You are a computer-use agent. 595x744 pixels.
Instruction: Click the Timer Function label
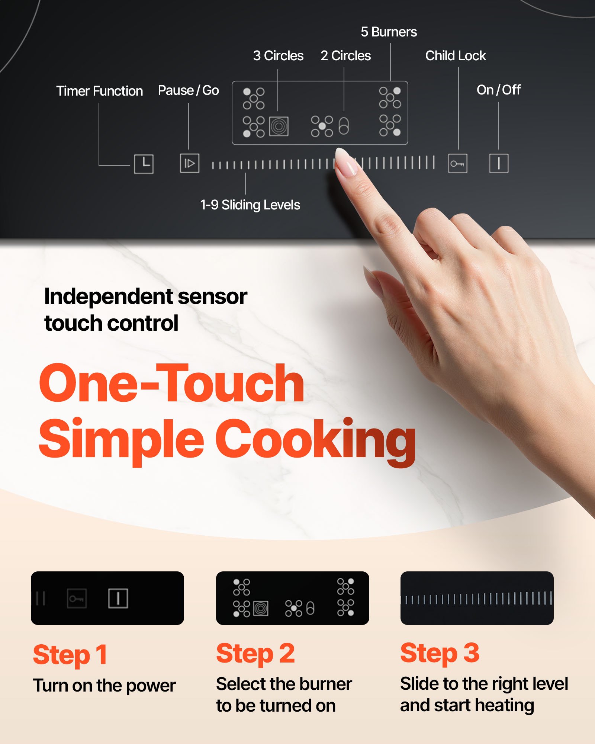click(99, 91)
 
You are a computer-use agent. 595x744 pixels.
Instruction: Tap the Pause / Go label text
click(188, 90)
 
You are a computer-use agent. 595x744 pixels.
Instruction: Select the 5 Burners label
click(389, 32)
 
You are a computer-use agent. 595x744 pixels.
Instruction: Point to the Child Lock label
click(456, 56)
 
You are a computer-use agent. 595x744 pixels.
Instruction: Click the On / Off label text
click(498, 90)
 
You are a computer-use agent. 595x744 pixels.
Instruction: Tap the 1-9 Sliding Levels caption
click(250, 205)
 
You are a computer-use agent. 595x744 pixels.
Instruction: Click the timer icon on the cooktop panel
click(144, 164)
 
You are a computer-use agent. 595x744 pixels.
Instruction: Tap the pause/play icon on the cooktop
click(190, 163)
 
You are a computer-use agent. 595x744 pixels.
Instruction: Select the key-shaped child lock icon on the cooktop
click(457, 163)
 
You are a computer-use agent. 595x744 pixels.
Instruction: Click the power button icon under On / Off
click(499, 163)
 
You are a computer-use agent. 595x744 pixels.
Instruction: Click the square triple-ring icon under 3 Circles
click(279, 126)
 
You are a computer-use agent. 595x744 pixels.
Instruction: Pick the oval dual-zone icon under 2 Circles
click(344, 126)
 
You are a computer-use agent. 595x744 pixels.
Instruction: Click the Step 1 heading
click(70, 655)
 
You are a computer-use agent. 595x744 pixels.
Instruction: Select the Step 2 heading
click(255, 654)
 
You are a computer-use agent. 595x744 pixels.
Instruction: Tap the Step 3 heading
click(440, 653)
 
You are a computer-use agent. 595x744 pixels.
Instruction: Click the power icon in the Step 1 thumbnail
click(118, 598)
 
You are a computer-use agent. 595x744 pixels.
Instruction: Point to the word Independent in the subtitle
click(108, 297)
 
